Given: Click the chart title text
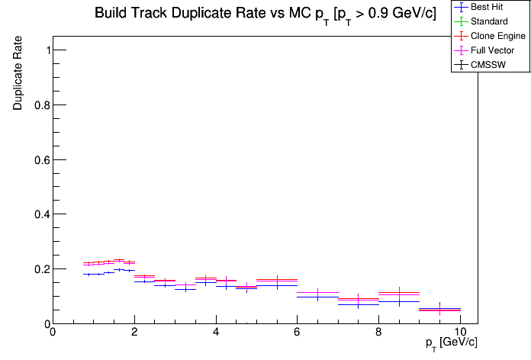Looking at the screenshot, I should tap(265, 14).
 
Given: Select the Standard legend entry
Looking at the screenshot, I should tap(489, 21).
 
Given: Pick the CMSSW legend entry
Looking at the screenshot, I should tap(488, 65).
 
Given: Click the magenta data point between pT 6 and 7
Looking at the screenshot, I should tap(317, 293).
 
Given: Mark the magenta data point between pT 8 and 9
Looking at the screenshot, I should tap(399, 293).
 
